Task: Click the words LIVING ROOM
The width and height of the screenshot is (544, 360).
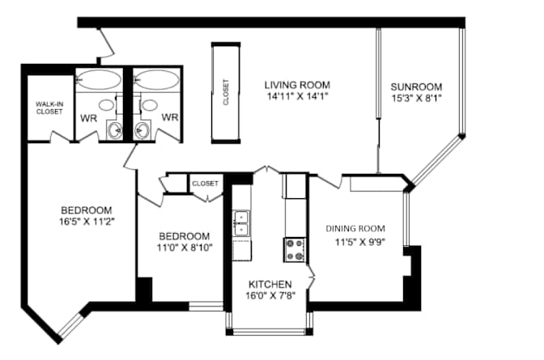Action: click(297, 84)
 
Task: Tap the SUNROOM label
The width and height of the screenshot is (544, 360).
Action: click(416, 87)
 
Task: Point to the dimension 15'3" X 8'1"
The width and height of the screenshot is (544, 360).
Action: click(416, 100)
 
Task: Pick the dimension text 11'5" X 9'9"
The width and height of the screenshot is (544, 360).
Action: click(360, 241)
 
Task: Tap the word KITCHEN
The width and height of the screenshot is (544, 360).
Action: click(270, 284)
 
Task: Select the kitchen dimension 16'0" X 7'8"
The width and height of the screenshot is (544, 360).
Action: click(270, 297)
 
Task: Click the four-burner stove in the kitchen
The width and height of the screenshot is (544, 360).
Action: click(295, 249)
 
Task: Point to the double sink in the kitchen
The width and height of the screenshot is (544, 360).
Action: click(241, 223)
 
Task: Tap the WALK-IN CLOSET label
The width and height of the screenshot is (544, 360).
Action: click(49, 108)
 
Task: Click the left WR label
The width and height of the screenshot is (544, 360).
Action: click(89, 117)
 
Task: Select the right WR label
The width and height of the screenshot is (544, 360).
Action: click(169, 117)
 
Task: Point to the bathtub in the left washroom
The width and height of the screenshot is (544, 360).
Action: click(99, 80)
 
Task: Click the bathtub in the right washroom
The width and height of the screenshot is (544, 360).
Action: click(156, 80)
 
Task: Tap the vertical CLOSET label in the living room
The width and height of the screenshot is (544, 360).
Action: click(225, 92)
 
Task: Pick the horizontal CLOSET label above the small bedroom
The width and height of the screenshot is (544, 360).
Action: click(205, 184)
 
